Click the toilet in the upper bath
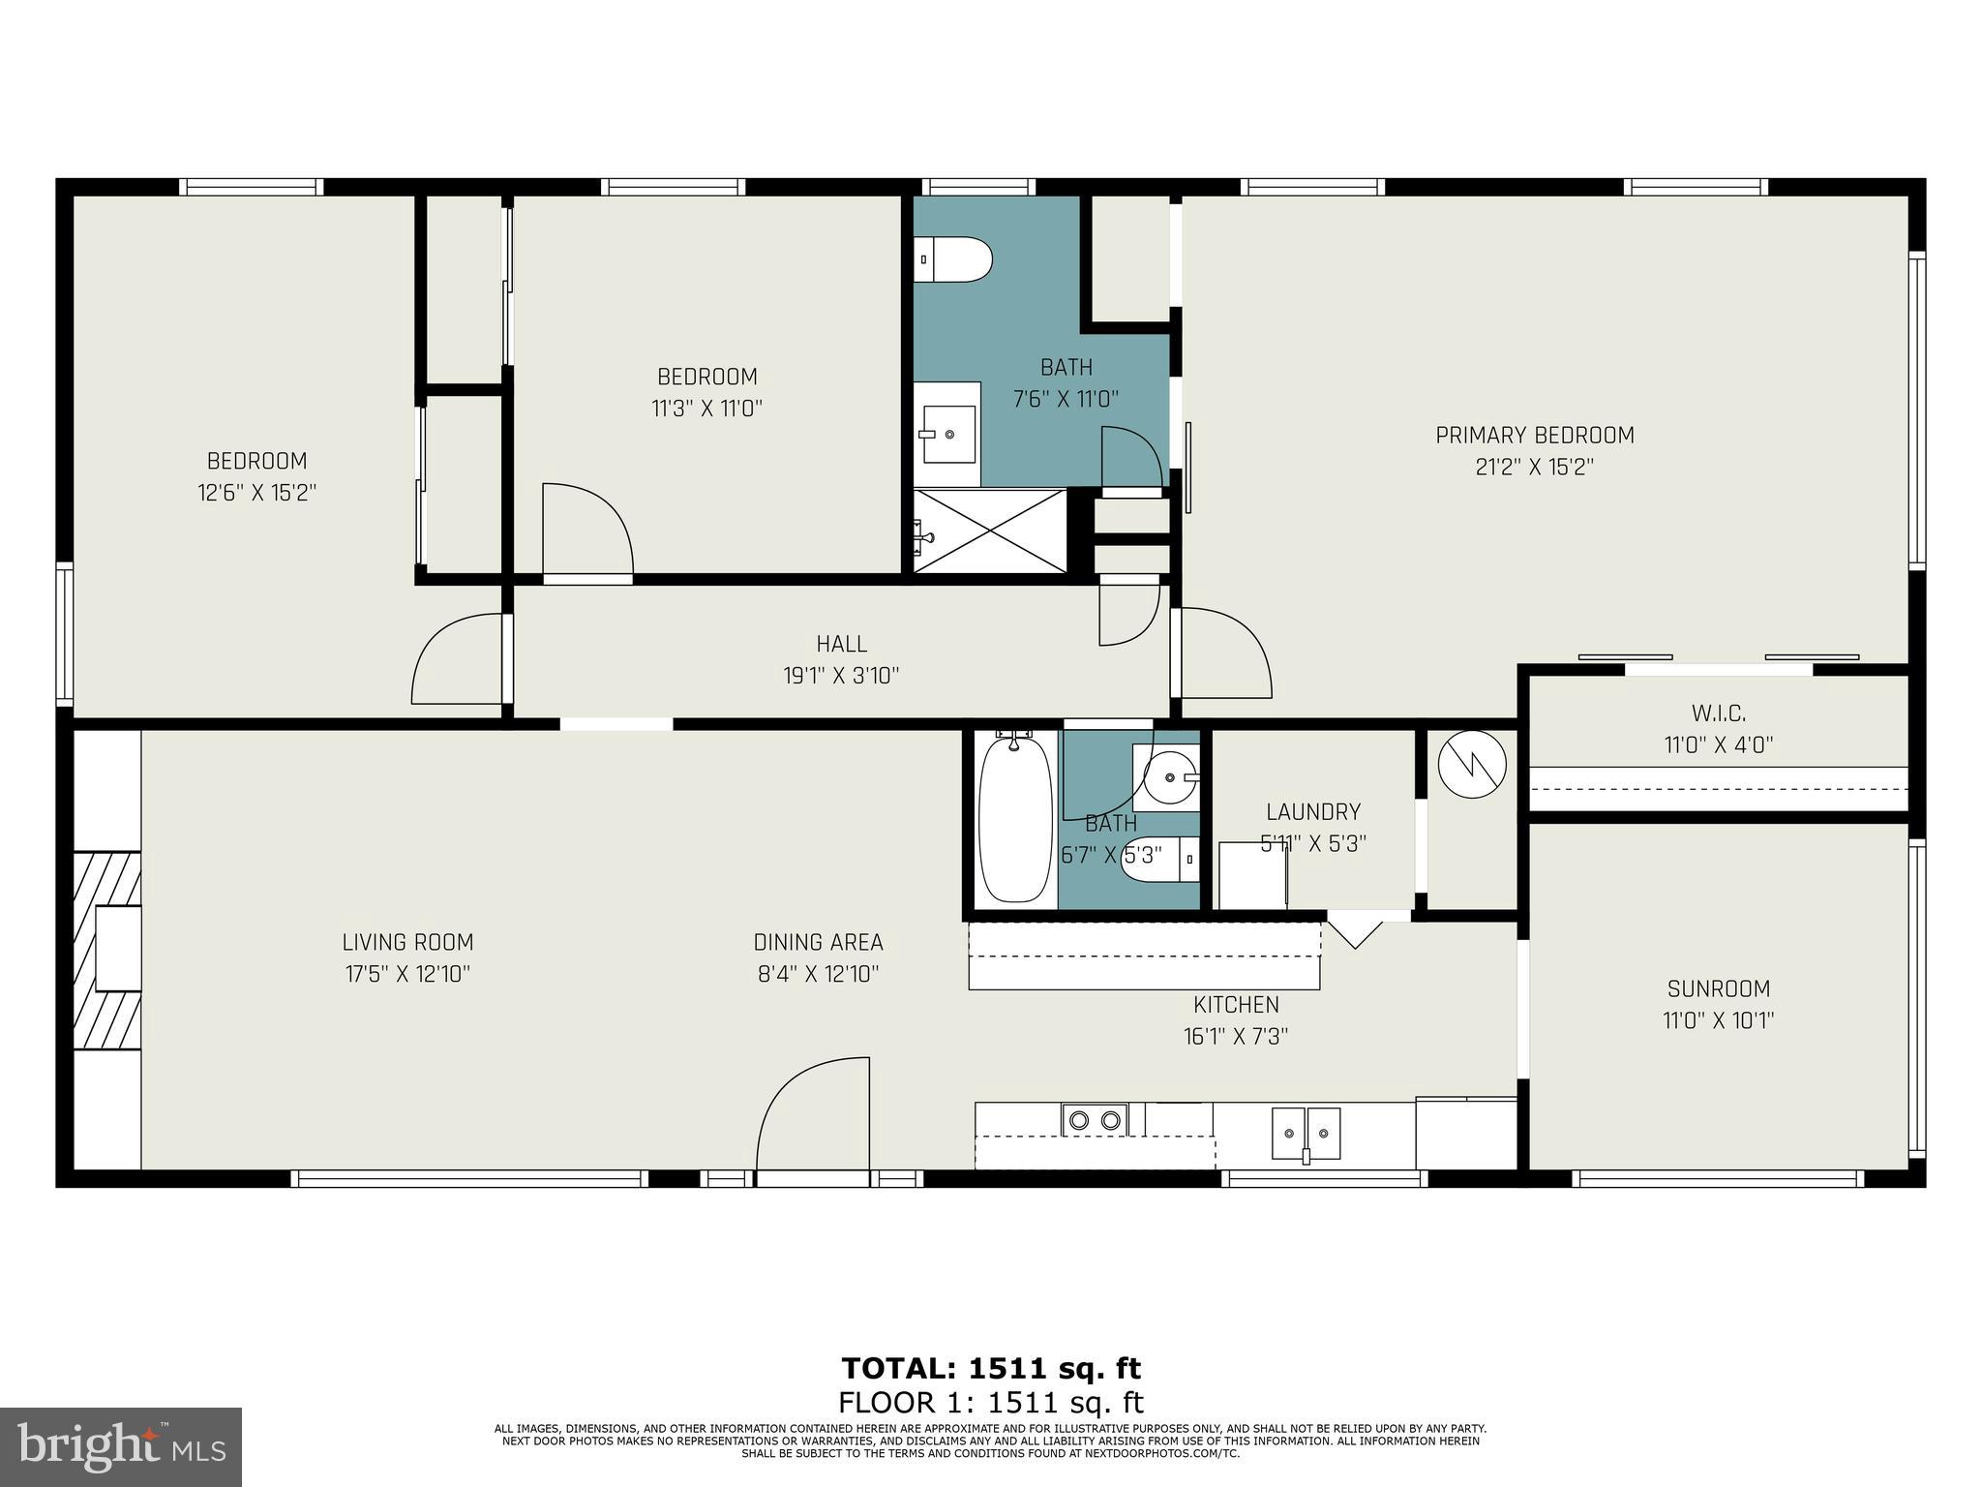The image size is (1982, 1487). (954, 259)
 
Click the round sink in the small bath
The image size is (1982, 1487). (1168, 776)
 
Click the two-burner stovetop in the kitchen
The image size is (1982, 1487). (1095, 1120)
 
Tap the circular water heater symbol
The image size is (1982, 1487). (1472, 764)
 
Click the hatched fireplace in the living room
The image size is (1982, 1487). (108, 949)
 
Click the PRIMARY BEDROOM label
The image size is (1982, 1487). (1534, 436)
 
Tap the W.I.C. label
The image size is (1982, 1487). (1718, 714)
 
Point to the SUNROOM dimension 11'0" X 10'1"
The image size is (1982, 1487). (1718, 1020)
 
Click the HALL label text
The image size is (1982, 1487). (841, 644)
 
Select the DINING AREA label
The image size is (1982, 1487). (818, 942)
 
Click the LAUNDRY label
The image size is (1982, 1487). (1312, 812)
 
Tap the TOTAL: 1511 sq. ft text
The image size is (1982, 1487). (991, 1368)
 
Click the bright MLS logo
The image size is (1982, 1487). (121, 1446)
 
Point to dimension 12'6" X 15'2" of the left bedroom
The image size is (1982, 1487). (257, 493)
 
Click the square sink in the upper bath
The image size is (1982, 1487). (947, 435)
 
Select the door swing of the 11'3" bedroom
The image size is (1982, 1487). (586, 531)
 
